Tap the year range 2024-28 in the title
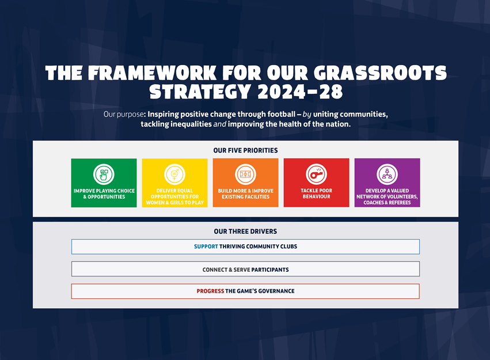tap(300, 92)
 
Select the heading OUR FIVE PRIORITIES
tap(245, 150)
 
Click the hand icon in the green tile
tap(104, 174)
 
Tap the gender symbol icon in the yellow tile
tap(174, 174)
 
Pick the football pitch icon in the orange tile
tap(245, 174)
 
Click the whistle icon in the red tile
tap(316, 174)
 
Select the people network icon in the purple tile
tap(387, 174)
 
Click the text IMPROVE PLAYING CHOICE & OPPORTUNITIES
tap(104, 194)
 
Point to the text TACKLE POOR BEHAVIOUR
tap(316, 194)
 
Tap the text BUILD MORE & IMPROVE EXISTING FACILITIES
tap(245, 194)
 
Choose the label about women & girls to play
tap(174, 197)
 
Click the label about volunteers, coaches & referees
tap(387, 197)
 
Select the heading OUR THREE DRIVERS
tap(245, 232)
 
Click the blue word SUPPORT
tap(206, 247)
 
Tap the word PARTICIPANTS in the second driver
tap(270, 269)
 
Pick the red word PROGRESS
tap(210, 291)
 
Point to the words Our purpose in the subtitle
tap(122, 114)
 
